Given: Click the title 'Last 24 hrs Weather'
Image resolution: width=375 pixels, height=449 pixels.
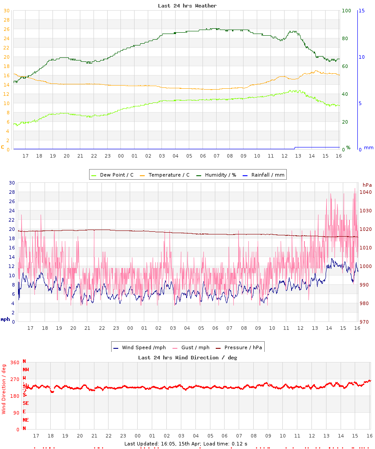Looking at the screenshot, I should coord(187,6).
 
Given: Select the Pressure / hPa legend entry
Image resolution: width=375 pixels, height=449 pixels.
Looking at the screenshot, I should coord(243,347).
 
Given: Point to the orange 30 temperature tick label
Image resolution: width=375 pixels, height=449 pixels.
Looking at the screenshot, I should coord(6,11).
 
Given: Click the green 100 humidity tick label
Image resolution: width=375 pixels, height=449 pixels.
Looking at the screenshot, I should coord(346,11).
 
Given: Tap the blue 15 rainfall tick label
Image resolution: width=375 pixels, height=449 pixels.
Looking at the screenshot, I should coord(361,11).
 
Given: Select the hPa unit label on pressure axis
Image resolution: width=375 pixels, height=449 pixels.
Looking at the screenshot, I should coord(367,185).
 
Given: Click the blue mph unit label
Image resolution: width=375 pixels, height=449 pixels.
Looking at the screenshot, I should coord(5,319).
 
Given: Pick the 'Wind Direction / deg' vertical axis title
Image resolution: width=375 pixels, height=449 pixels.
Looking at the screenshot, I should coord(4,389).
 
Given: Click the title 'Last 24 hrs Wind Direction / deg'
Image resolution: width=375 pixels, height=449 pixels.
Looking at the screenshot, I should coord(187,357).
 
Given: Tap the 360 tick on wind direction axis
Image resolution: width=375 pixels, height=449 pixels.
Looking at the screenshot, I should coord(15,362).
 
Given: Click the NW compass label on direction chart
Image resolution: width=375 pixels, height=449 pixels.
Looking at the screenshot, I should coord(26,370).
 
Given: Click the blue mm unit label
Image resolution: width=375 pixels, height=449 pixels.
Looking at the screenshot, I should coord(368,147).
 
